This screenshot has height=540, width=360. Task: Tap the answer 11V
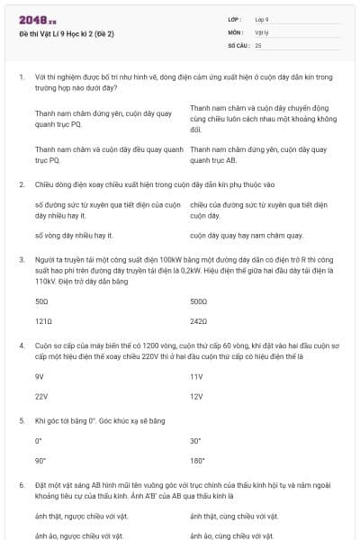(x=196, y=376)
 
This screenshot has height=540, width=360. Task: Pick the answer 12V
(x=196, y=395)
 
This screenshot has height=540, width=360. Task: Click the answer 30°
(x=195, y=441)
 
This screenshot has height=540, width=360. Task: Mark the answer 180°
(x=197, y=460)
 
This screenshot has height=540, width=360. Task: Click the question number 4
(x=21, y=345)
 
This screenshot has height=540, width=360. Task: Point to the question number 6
(x=21, y=484)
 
